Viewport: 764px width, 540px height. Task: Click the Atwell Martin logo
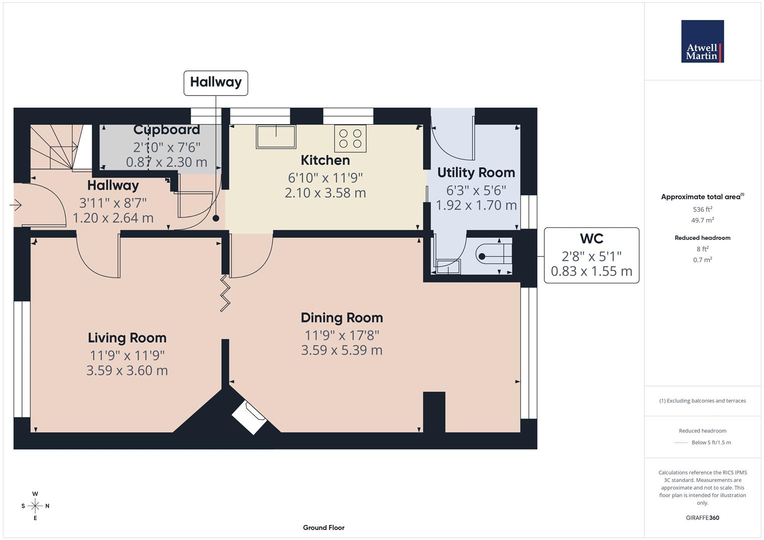702,41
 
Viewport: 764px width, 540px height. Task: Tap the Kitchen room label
325,160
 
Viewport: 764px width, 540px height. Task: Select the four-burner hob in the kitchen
350,138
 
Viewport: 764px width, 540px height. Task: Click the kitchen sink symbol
276,136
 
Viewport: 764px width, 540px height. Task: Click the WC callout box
591,255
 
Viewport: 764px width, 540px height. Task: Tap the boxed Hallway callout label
216,83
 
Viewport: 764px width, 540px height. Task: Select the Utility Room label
476,172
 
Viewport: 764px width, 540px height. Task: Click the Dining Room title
342,317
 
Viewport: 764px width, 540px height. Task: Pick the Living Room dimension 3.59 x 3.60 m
127,370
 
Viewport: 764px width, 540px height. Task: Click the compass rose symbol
35,506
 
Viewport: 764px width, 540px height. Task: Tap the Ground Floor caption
324,527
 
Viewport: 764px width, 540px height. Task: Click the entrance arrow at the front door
16,205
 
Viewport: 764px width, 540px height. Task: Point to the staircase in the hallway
61,147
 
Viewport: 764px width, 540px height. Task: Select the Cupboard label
167,129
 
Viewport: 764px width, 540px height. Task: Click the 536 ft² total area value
702,209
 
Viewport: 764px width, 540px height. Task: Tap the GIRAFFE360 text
702,517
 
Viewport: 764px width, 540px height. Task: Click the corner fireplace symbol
249,417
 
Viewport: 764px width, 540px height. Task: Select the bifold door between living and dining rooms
225,293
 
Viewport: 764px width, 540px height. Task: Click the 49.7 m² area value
702,220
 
